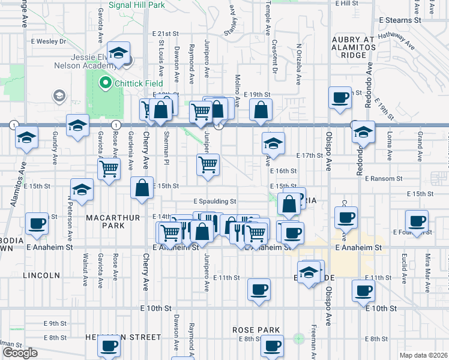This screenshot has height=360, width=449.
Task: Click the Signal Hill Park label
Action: [x=137, y=5]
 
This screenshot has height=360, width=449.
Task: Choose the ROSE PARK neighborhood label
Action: [x=258, y=330]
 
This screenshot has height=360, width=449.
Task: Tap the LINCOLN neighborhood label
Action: [x=41, y=275]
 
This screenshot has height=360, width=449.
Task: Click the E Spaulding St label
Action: [x=215, y=202]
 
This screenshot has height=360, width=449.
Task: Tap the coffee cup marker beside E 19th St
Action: [x=340, y=97]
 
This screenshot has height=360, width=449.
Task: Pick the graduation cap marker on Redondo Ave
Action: [x=363, y=132]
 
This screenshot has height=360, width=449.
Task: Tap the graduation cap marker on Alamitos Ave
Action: [x=26, y=137]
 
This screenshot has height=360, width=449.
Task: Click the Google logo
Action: [x=20, y=352]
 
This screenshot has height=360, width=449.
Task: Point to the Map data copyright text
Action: [x=423, y=355]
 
